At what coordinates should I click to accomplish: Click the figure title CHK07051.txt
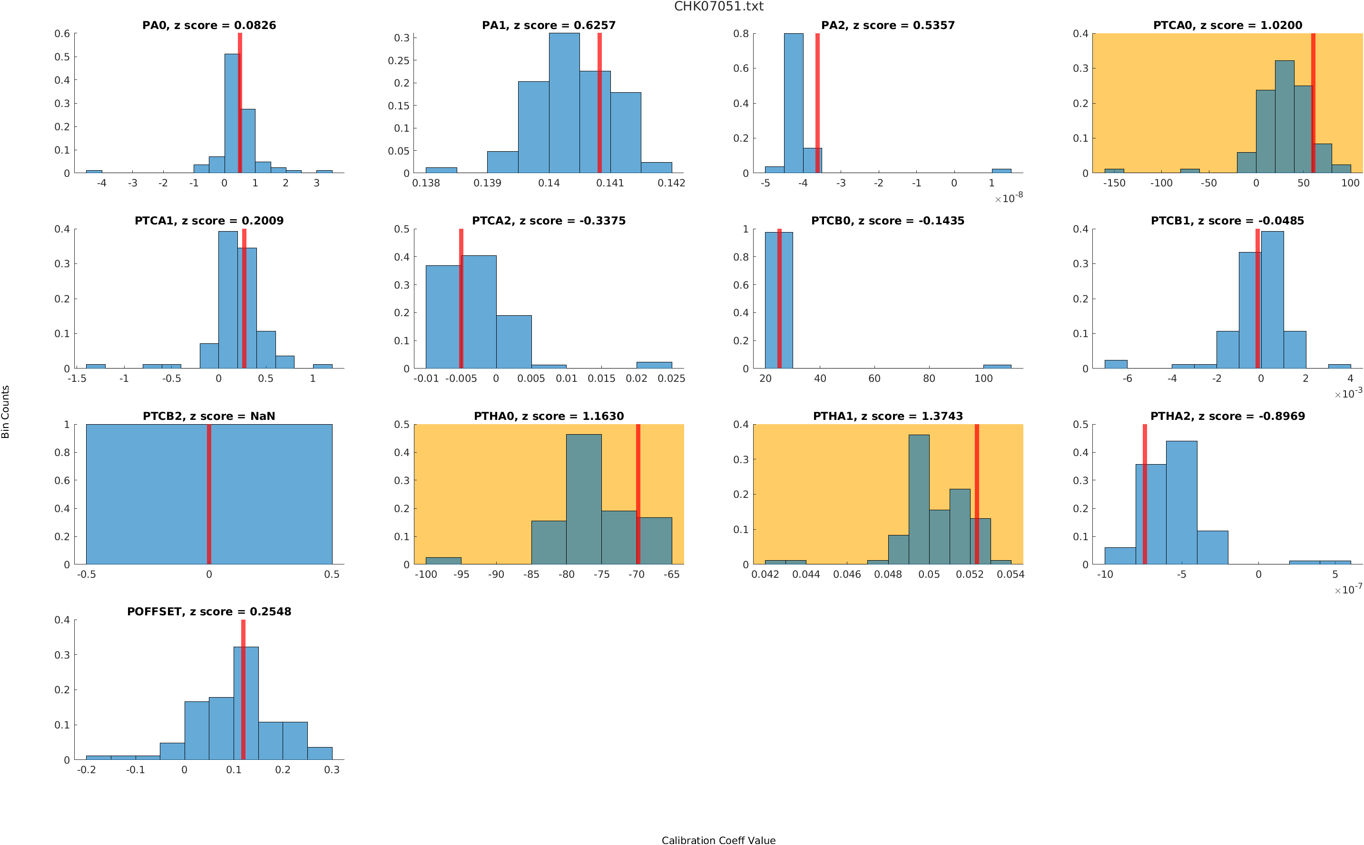(718, 7)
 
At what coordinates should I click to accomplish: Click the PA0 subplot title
(209, 25)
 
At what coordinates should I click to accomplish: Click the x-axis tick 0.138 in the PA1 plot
(426, 183)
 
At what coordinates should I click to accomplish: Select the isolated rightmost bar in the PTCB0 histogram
(997, 367)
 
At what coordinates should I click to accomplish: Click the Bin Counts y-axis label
(6, 412)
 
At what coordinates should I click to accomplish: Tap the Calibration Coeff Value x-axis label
(718, 840)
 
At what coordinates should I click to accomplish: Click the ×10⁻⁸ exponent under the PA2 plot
(1009, 198)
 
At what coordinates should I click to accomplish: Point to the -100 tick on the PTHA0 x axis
(426, 574)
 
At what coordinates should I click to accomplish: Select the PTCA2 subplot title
(549, 221)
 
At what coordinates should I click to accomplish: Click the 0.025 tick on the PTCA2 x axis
(671, 379)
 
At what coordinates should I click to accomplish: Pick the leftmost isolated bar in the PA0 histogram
(94, 172)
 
